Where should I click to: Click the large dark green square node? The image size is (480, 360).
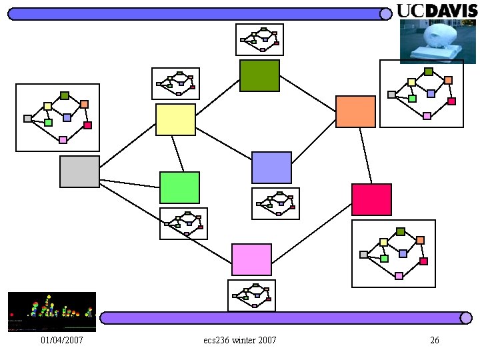[x=259, y=75]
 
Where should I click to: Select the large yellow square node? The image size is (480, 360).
[x=175, y=119]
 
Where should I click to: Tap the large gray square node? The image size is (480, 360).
[x=79, y=171]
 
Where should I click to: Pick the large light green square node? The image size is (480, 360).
[x=179, y=187]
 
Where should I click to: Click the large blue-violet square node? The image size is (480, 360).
[x=271, y=167]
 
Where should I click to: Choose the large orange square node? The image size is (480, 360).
[x=355, y=111]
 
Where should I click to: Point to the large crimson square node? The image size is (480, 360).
[x=371, y=199]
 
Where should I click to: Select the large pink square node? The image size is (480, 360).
[x=251, y=259]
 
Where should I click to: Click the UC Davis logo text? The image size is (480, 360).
[x=437, y=10]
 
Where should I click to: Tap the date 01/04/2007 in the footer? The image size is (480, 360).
[x=61, y=341]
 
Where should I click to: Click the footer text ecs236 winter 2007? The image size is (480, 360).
[x=240, y=341]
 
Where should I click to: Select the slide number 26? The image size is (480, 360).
[x=435, y=341]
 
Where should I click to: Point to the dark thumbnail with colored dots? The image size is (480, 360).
[x=51, y=311]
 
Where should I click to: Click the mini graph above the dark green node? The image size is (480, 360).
[x=259, y=39]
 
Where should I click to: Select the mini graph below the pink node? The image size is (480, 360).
[x=251, y=295]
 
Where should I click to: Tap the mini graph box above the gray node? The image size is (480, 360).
[x=57, y=117]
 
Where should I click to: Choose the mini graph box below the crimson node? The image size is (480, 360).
[x=393, y=253]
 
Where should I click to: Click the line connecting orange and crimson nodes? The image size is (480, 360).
[x=365, y=155]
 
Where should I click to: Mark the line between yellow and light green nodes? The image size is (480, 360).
[x=178, y=154]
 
